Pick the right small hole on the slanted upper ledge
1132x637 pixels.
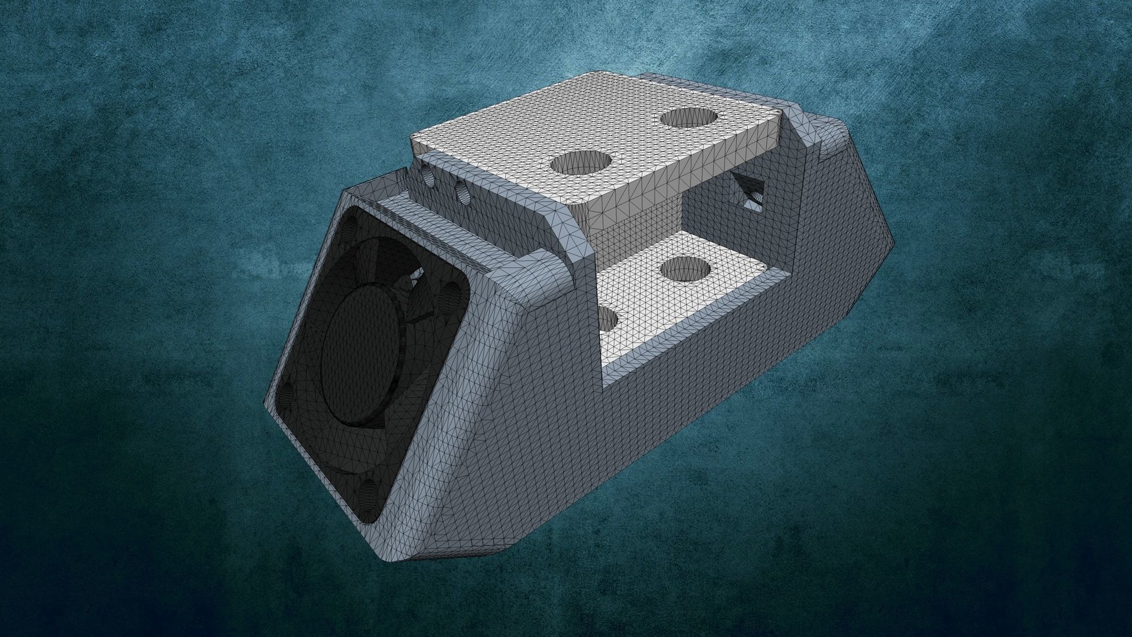coord(461,191)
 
